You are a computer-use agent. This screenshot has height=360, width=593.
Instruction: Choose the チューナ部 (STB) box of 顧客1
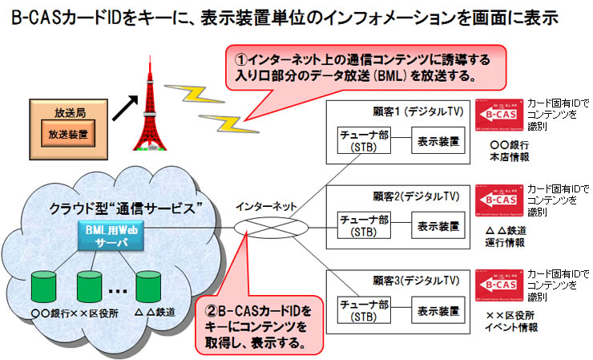(x=362, y=141)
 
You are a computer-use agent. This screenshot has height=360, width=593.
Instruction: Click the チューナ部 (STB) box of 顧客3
(x=362, y=310)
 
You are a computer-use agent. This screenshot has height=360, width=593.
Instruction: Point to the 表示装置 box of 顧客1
(x=438, y=141)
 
